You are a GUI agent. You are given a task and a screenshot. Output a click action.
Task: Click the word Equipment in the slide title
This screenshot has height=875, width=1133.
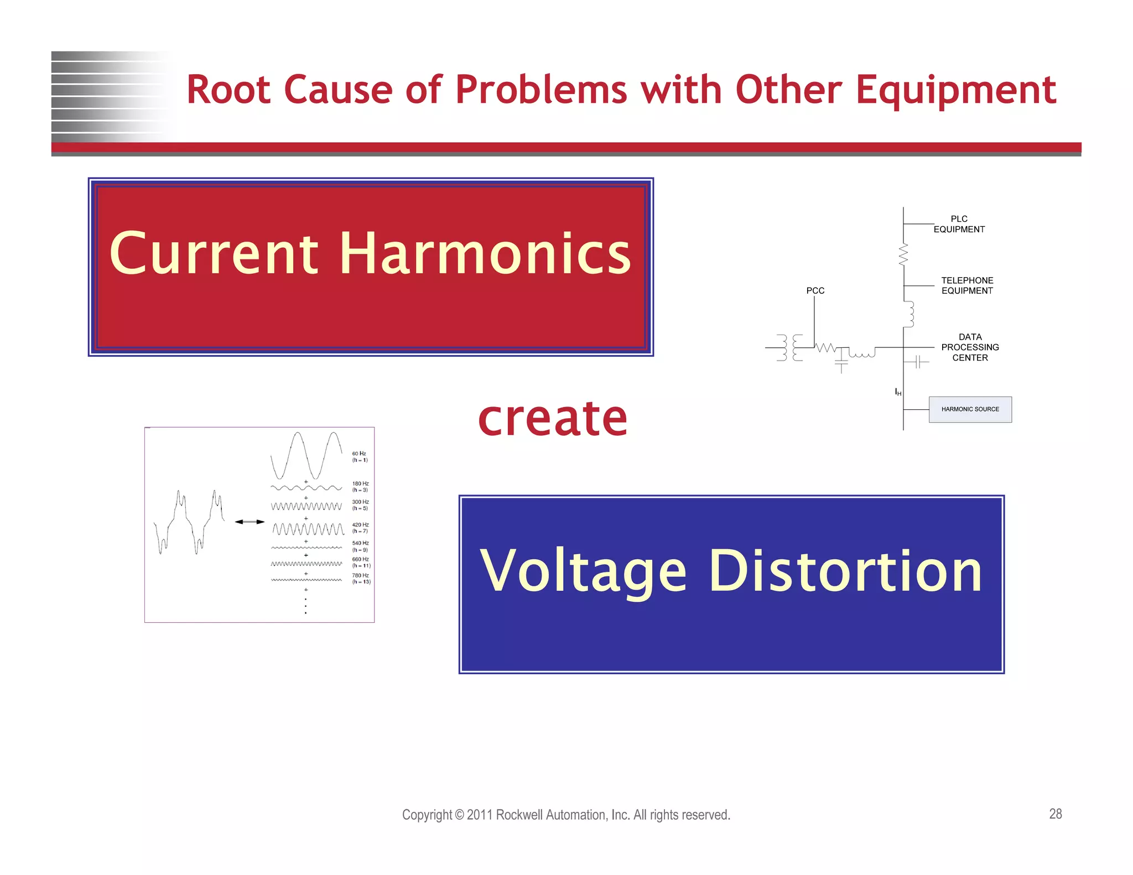(x=955, y=90)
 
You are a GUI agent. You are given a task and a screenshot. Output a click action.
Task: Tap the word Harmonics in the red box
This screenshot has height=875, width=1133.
(x=485, y=254)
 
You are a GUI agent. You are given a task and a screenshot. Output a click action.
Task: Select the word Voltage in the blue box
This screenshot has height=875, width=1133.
(x=583, y=571)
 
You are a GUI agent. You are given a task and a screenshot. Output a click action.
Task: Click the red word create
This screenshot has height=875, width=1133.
(x=552, y=419)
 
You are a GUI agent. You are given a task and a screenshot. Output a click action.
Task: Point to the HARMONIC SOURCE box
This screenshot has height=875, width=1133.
(x=970, y=409)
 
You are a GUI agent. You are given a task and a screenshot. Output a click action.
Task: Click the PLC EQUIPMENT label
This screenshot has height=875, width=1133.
(x=959, y=224)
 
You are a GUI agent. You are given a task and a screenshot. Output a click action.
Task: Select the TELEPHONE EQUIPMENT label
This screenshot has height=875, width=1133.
(x=967, y=285)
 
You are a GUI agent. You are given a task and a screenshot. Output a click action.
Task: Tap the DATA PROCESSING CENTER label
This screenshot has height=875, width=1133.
(x=970, y=347)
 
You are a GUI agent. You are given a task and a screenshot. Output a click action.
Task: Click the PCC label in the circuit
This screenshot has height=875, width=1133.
(x=815, y=290)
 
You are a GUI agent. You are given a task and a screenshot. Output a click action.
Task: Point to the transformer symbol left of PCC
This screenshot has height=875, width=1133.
(x=789, y=348)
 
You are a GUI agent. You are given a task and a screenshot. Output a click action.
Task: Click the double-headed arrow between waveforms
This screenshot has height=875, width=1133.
(x=250, y=522)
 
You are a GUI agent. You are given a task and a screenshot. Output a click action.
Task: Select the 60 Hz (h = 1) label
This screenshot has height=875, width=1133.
(x=360, y=457)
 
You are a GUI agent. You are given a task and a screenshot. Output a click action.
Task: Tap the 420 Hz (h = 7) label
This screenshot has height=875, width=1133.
(x=360, y=528)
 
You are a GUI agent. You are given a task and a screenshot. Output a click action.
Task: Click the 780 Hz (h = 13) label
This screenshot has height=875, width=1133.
(x=361, y=579)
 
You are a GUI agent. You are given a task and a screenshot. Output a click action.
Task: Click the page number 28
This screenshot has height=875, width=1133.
(x=1055, y=814)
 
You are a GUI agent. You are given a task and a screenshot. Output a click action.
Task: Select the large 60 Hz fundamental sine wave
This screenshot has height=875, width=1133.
(x=306, y=455)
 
